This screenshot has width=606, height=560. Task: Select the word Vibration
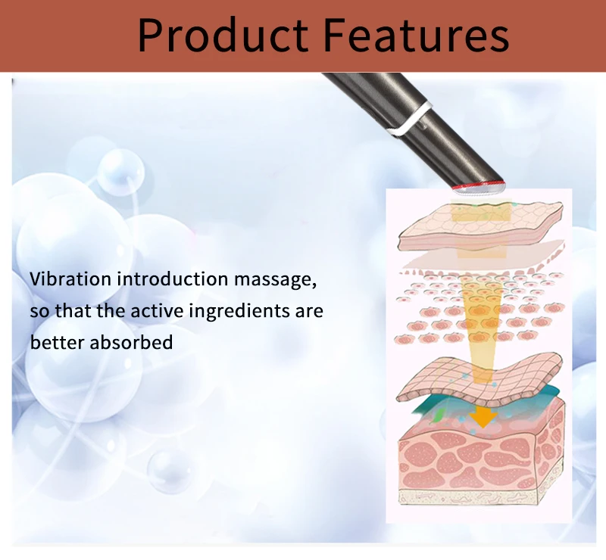[70, 278]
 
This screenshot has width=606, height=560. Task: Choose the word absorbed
[131, 342]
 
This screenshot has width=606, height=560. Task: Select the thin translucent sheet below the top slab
[485, 259]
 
